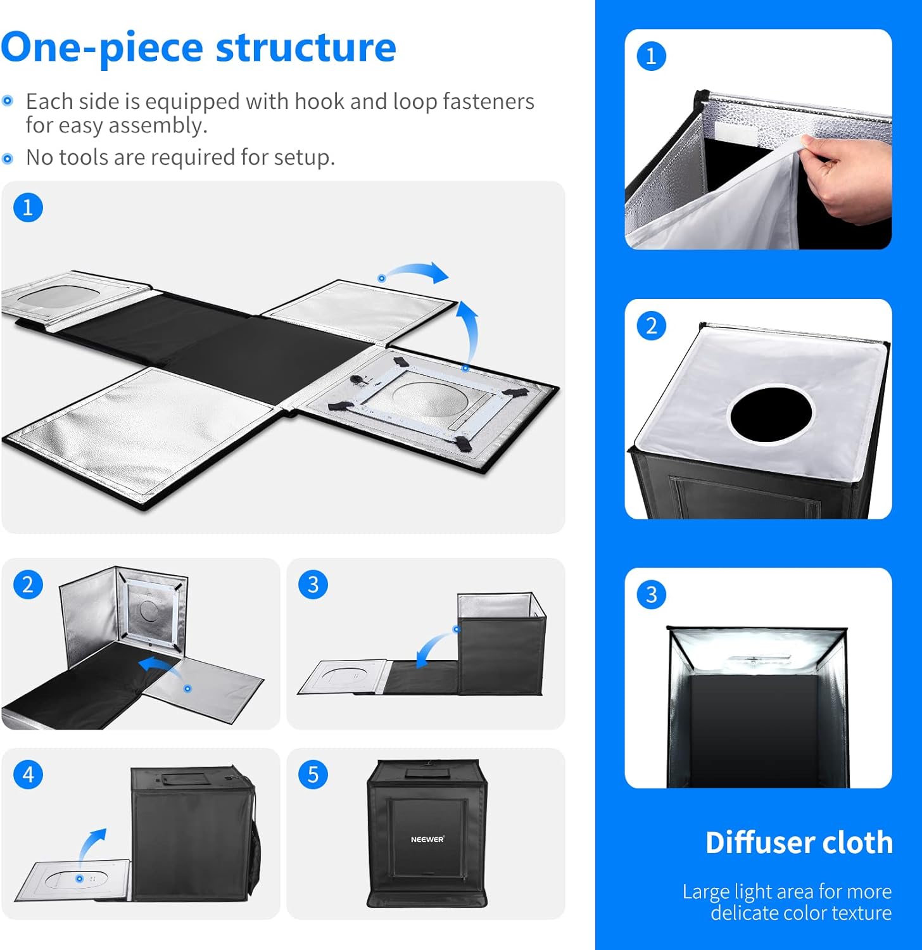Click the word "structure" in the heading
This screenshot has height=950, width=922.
306,48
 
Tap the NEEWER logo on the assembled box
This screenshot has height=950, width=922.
427,839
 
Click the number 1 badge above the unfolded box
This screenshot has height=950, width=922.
28,208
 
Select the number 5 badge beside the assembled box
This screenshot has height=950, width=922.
313,775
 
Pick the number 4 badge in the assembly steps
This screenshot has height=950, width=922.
28,775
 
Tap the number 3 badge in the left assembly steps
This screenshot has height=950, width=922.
313,585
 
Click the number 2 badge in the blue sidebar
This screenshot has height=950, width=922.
651,326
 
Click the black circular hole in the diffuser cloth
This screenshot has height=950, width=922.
771,414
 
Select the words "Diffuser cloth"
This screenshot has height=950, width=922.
799,843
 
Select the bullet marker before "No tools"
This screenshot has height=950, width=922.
8,158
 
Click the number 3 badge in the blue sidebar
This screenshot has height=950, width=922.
651,595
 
